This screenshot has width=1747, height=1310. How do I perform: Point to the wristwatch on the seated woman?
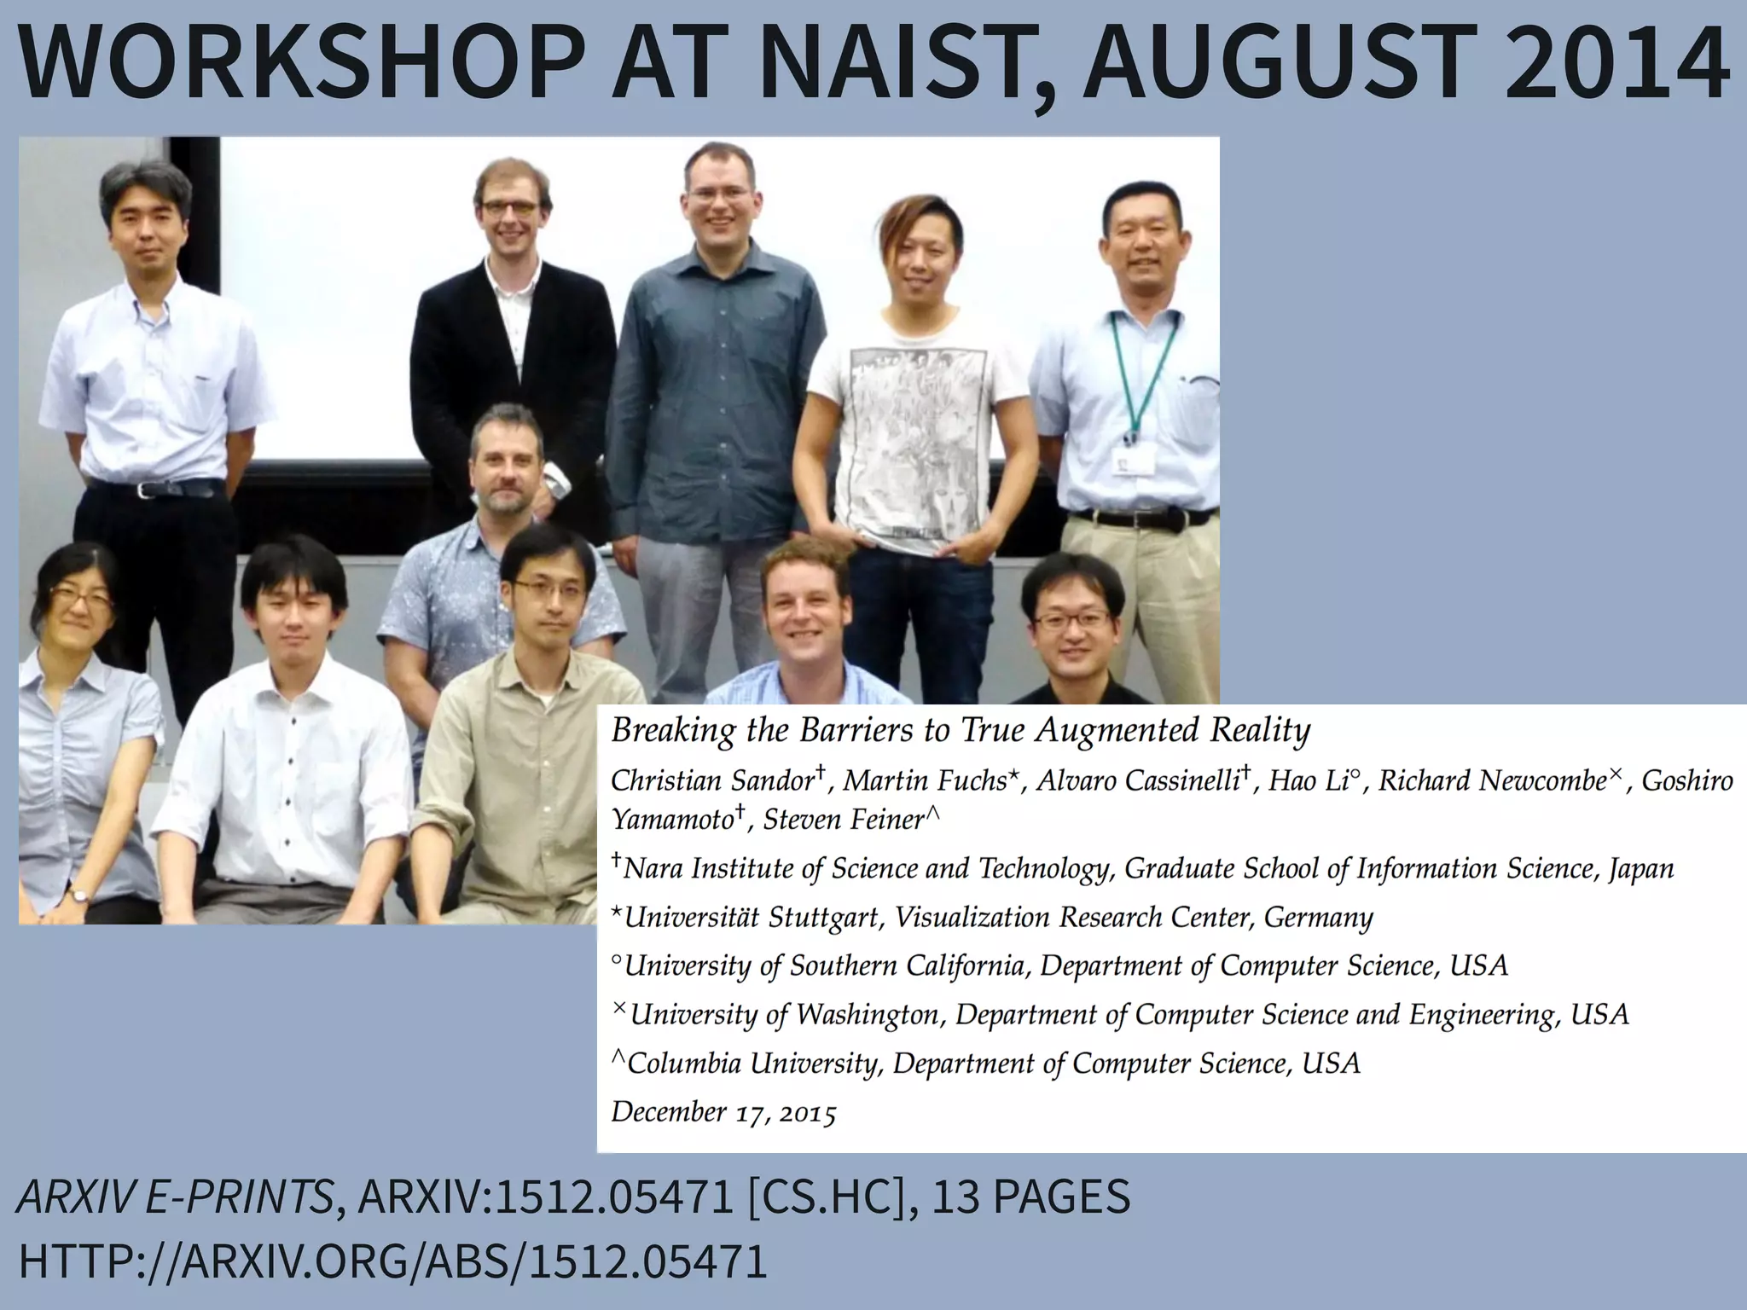pos(79,896)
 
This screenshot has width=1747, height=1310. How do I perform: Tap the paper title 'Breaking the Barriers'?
pos(960,731)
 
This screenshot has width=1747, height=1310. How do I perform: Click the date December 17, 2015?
pos(723,1112)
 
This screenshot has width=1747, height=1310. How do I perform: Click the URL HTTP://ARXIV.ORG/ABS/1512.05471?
pos(392,1262)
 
